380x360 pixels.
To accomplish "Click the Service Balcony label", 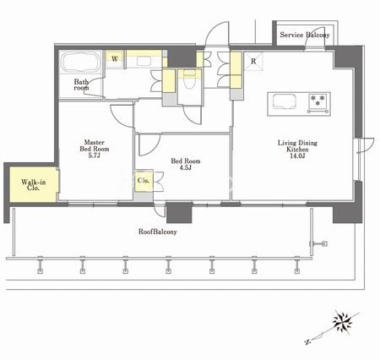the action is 305,35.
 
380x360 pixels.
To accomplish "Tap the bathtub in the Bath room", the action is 80,62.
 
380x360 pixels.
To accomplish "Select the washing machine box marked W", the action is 115,59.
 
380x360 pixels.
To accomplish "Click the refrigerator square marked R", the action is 253,61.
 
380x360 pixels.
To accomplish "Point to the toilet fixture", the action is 189,79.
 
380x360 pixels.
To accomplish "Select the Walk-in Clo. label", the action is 33,185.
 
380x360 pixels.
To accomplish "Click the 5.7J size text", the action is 94,155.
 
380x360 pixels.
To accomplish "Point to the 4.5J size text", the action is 185,168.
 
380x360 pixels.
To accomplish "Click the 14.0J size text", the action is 297,156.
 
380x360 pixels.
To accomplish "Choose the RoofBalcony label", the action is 158,232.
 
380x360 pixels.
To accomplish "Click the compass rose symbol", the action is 342,322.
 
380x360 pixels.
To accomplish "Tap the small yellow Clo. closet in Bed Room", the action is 144,181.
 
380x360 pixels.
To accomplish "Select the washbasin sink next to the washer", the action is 144,61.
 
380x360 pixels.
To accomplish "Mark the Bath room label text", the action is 81,85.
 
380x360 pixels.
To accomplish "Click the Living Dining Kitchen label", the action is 297,146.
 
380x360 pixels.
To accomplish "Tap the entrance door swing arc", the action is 216,33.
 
